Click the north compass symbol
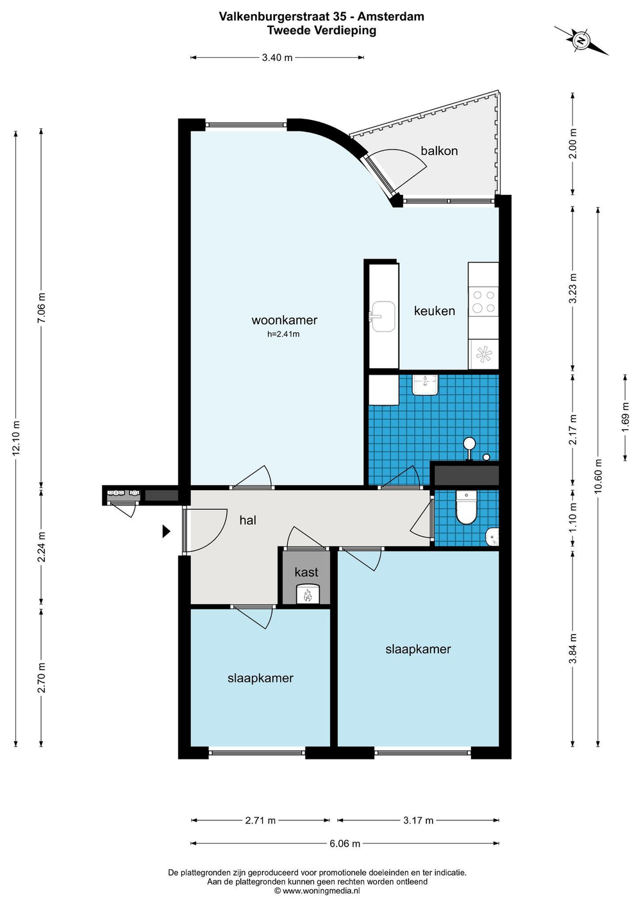pyautogui.click(x=581, y=40)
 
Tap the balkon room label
pyautogui.click(x=439, y=151)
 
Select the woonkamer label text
pyautogui.click(x=284, y=320)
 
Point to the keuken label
pyautogui.click(x=434, y=311)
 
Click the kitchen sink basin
pyautogui.click(x=383, y=316)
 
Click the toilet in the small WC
pyautogui.click(x=467, y=508)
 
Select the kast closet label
pyautogui.click(x=306, y=572)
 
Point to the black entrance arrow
pyautogui.click(x=166, y=531)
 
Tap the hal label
pyautogui.click(x=247, y=520)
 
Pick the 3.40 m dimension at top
pyautogui.click(x=277, y=58)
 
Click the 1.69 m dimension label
pyautogui.click(x=626, y=417)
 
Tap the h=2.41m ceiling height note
pyautogui.click(x=283, y=334)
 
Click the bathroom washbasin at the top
pyautogui.click(x=426, y=385)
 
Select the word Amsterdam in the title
pyautogui.click(x=390, y=17)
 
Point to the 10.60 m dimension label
pyautogui.click(x=598, y=475)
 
